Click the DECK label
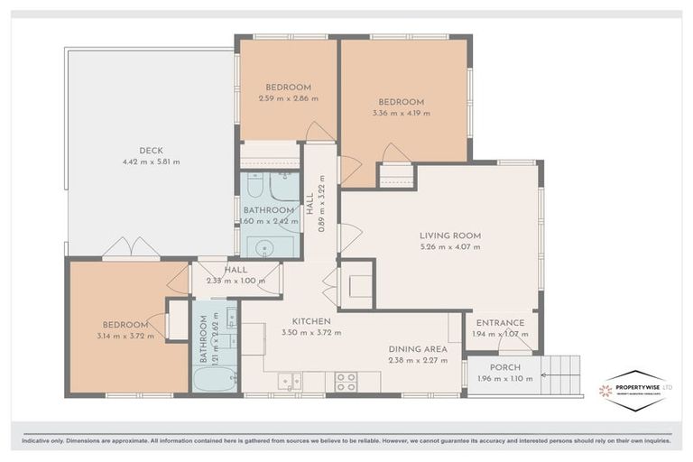pyautogui.click(x=151, y=151)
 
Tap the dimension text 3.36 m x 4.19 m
pyautogui.click(x=401, y=114)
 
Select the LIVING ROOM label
pyautogui.click(x=450, y=236)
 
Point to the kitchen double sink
pyautogui.click(x=289, y=381)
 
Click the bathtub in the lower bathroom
pyautogui.click(x=215, y=378)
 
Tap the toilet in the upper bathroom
pyautogui.click(x=256, y=188)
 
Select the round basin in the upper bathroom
pyautogui.click(x=266, y=246)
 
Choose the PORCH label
pyautogui.click(x=505, y=367)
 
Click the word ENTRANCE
pyautogui.click(x=501, y=323)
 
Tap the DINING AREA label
pyautogui.click(x=416, y=349)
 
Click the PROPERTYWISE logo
pyautogui.click(x=635, y=389)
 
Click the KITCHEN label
pyautogui.click(x=310, y=321)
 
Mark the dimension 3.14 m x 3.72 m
pyautogui.click(x=125, y=337)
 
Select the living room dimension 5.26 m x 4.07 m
pyautogui.click(x=450, y=248)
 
